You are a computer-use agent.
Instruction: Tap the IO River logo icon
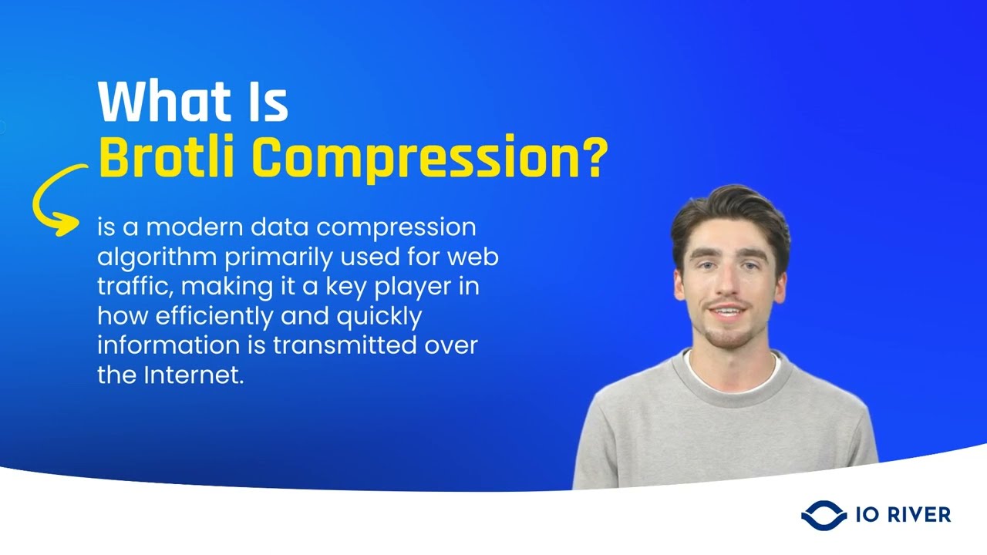click(x=824, y=514)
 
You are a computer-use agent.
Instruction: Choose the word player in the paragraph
click(x=427, y=287)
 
